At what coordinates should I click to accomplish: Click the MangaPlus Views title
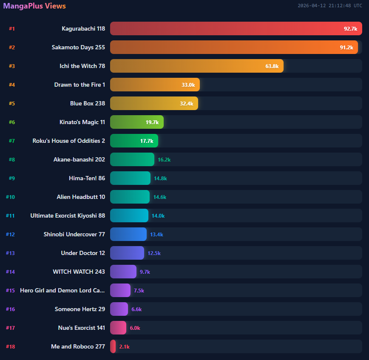(x=34, y=6)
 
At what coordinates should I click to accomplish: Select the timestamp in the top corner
(x=330, y=6)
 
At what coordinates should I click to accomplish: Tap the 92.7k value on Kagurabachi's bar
(x=350, y=28)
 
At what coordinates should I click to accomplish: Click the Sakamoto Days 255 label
(x=78, y=47)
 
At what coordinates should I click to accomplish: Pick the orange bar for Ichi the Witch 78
(x=196, y=66)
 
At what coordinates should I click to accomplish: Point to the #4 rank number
(x=12, y=85)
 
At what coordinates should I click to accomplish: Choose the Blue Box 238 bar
(x=154, y=103)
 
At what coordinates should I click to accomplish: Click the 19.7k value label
(x=152, y=122)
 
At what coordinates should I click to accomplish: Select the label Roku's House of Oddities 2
(x=69, y=141)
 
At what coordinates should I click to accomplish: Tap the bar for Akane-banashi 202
(x=132, y=159)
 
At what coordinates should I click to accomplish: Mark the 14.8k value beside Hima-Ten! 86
(x=160, y=178)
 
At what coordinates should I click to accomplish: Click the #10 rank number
(x=10, y=197)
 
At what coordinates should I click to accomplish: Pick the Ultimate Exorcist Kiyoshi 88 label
(x=68, y=215)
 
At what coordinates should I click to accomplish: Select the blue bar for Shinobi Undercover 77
(x=128, y=234)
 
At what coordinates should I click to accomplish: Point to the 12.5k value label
(x=154, y=253)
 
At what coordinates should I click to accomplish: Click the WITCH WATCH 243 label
(x=79, y=272)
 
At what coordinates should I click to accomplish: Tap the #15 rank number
(x=10, y=290)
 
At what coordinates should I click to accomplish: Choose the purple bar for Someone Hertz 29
(x=119, y=309)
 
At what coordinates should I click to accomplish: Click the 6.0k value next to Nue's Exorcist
(x=135, y=328)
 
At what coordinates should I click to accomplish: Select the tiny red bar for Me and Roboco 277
(x=113, y=346)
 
